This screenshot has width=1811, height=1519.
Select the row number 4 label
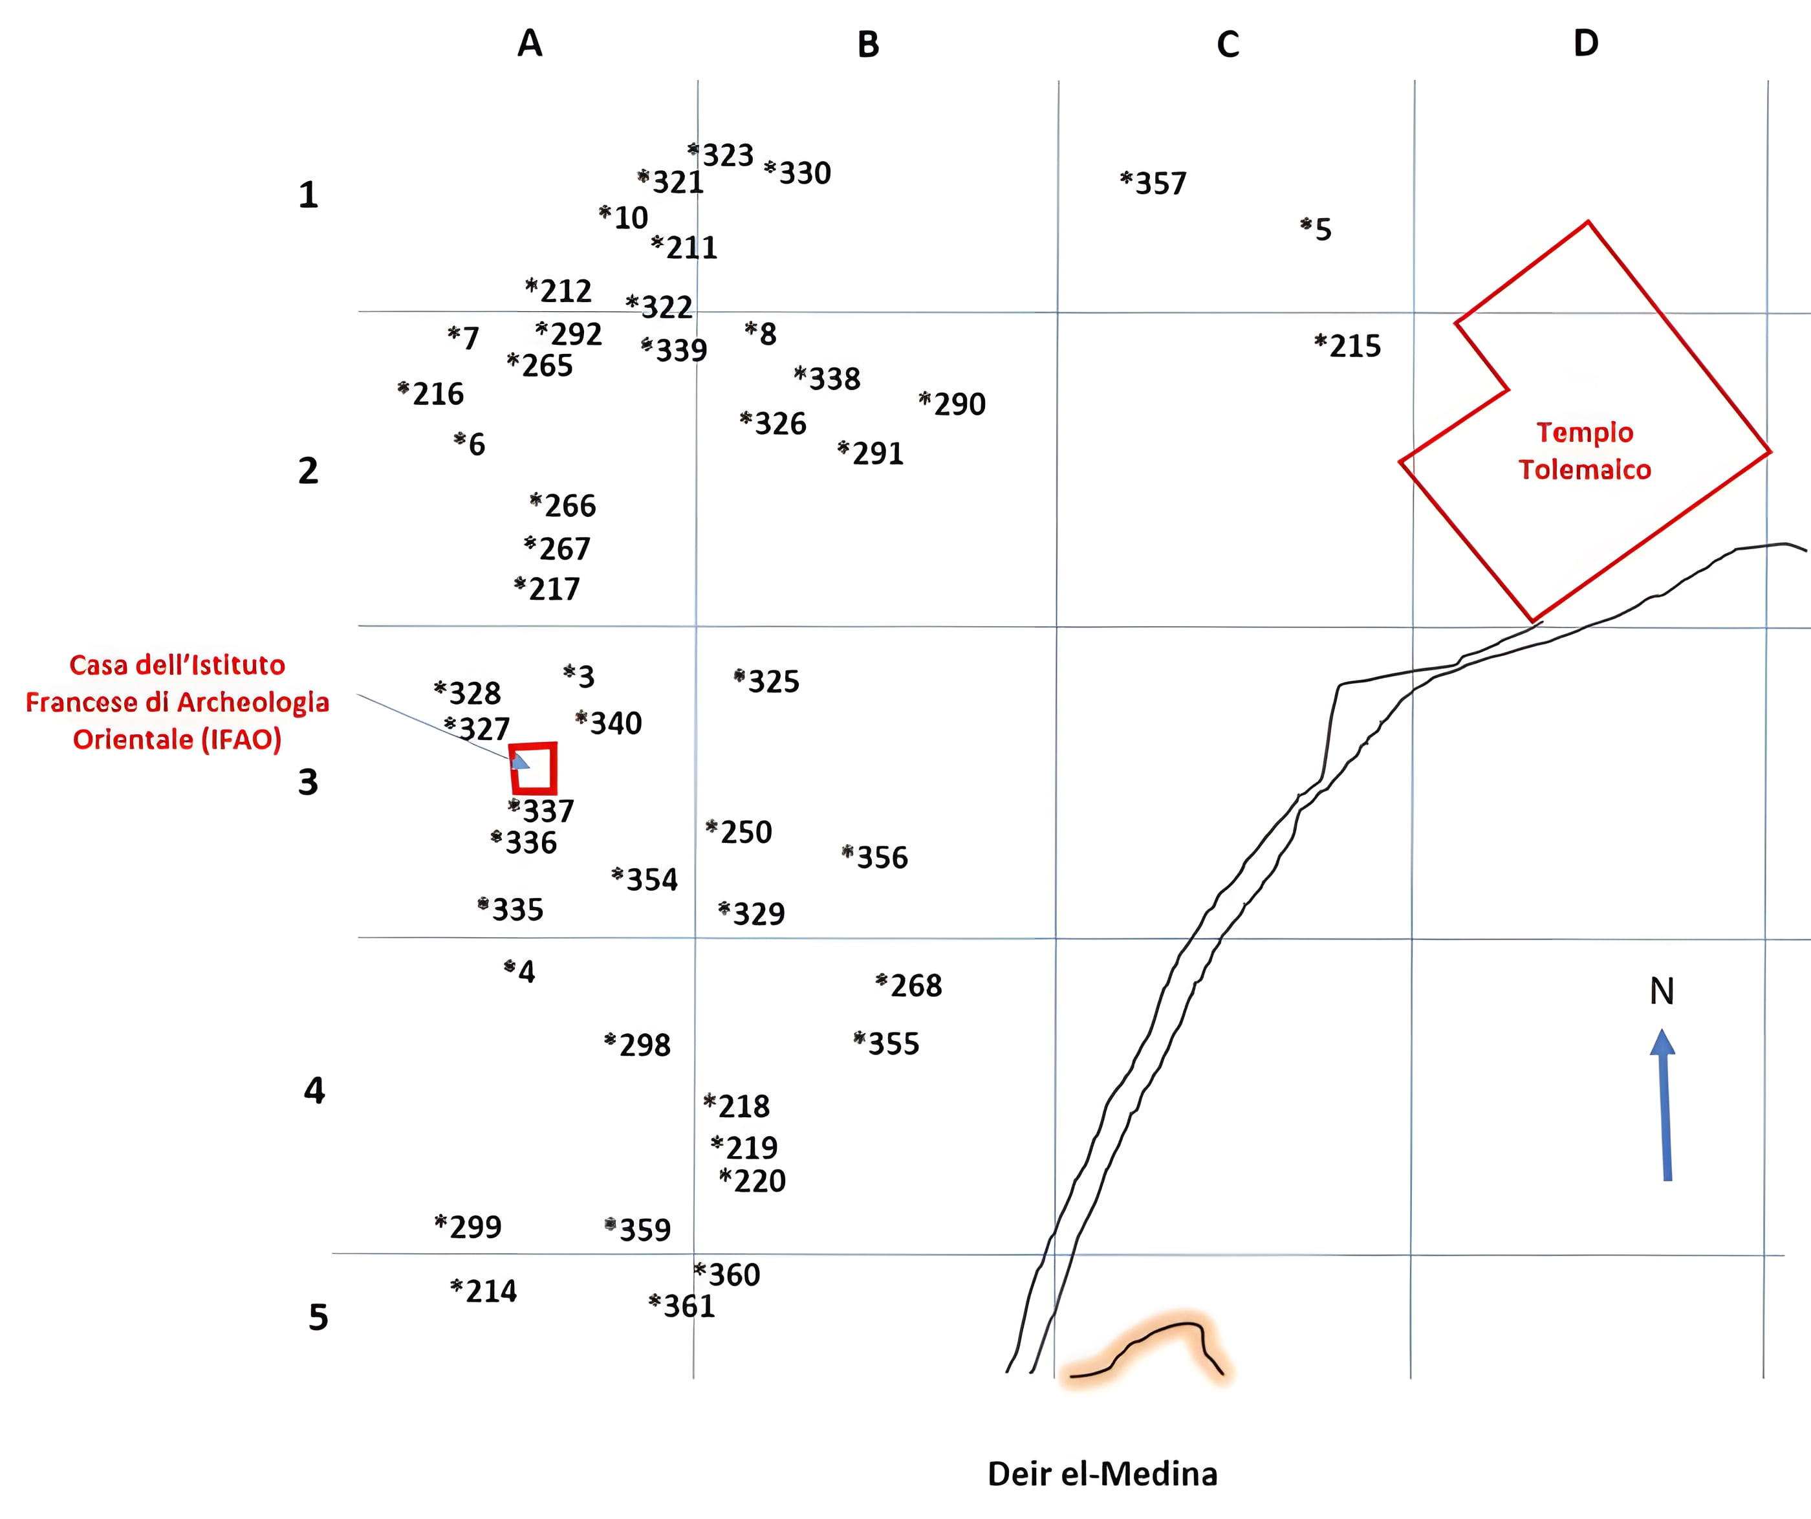click(314, 1091)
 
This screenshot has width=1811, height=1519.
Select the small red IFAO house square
click(534, 768)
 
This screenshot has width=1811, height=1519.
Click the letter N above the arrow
click(1661, 992)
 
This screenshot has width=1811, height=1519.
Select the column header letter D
click(1585, 43)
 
